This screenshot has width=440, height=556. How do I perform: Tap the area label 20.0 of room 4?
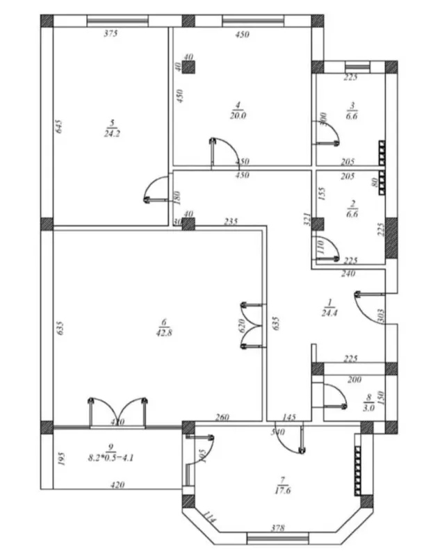coord(238,116)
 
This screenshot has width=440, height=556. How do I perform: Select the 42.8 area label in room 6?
coord(164,332)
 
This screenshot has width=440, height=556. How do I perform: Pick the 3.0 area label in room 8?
coord(368,408)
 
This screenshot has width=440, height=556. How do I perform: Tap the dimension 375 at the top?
coord(110,33)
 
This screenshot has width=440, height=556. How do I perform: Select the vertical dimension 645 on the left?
coord(60,126)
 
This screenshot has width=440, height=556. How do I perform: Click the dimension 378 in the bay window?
coord(278,528)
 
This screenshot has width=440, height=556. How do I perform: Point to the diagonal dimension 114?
coord(209,516)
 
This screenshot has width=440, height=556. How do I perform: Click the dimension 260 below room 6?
coord(222,417)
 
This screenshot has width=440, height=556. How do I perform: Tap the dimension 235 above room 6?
coord(231,222)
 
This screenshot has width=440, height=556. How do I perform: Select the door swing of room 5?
coord(154,190)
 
